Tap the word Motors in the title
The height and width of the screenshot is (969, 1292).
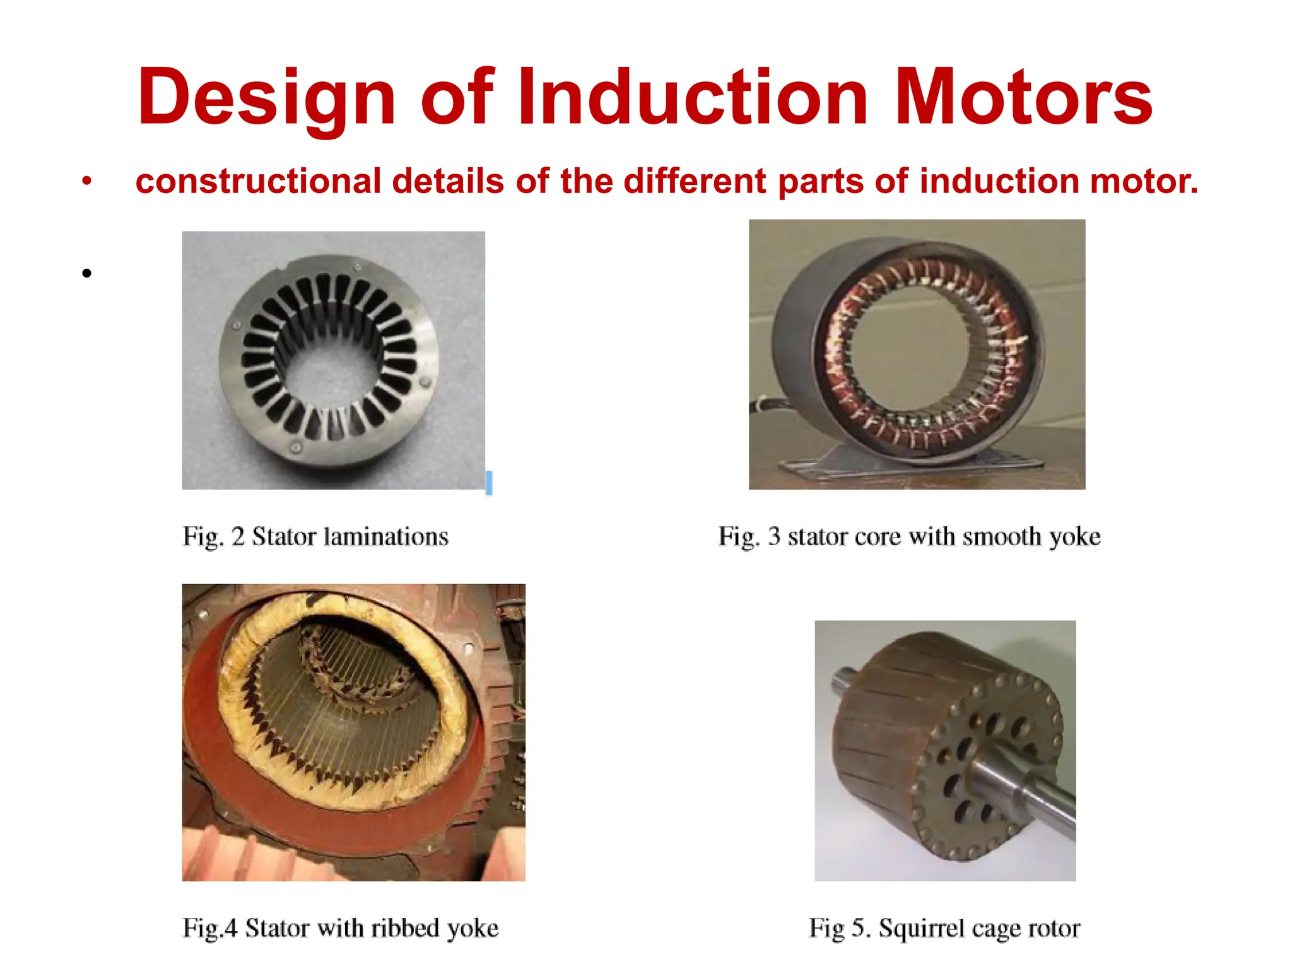coord(1023,98)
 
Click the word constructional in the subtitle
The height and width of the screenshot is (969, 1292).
coord(258,182)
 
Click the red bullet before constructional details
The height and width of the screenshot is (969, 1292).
coord(87,182)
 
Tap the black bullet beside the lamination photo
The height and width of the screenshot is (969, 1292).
coord(87,273)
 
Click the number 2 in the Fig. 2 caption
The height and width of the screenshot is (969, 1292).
coord(238,536)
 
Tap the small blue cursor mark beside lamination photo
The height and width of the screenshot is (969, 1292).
coord(489,483)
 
